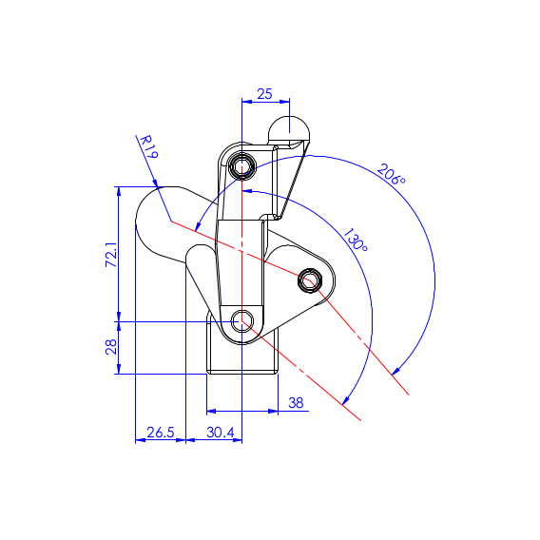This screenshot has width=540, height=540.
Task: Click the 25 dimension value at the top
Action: coord(264,94)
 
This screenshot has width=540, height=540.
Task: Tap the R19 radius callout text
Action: coord(149,146)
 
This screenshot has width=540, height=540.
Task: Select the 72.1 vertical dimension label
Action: coord(111,255)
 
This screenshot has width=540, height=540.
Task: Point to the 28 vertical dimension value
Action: coord(111,347)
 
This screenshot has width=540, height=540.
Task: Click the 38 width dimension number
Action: coord(296,402)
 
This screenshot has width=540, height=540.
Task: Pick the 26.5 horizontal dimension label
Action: coord(161,433)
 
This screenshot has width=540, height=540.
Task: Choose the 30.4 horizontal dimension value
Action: coord(221,433)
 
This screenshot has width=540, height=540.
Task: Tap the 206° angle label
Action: coord(392,174)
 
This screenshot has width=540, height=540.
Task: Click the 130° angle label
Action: coord(356,240)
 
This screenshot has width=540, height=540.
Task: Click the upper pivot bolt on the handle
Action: coord(242,167)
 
